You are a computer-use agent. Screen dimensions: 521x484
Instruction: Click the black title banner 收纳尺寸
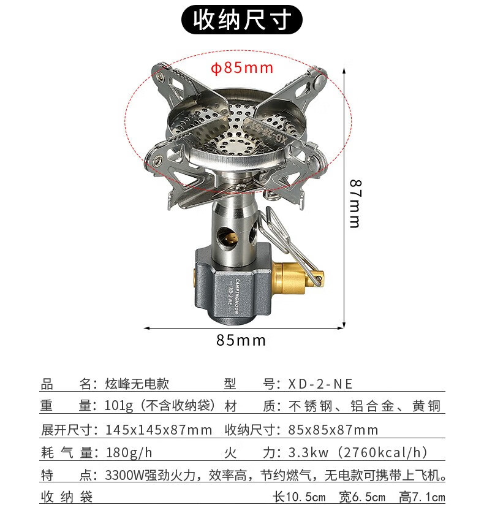click(x=242, y=20)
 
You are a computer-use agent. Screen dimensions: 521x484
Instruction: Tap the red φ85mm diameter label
click(x=242, y=67)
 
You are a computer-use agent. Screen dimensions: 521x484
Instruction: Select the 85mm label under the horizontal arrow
click(x=241, y=340)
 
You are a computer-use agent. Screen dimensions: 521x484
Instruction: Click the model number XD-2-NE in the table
click(x=320, y=384)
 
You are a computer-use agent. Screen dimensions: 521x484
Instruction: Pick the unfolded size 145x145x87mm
click(x=159, y=430)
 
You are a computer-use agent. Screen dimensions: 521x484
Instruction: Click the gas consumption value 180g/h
click(x=129, y=453)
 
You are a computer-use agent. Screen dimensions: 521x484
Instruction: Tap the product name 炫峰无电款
click(x=137, y=384)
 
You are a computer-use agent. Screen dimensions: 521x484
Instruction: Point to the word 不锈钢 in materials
click(x=306, y=406)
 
